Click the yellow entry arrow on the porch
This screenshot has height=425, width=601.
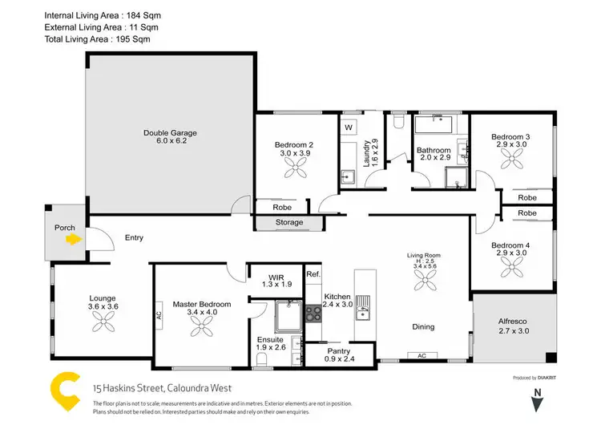tap(74, 238)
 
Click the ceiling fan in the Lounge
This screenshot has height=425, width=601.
tap(103, 322)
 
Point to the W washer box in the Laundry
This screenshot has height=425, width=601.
tap(349, 127)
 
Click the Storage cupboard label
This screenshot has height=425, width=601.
tap(288, 222)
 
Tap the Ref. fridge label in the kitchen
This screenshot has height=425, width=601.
tap(313, 274)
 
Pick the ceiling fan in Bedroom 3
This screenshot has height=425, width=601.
tap(511, 160)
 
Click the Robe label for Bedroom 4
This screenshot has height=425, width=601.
tap(526, 213)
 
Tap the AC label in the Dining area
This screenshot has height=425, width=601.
tap(422, 355)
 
